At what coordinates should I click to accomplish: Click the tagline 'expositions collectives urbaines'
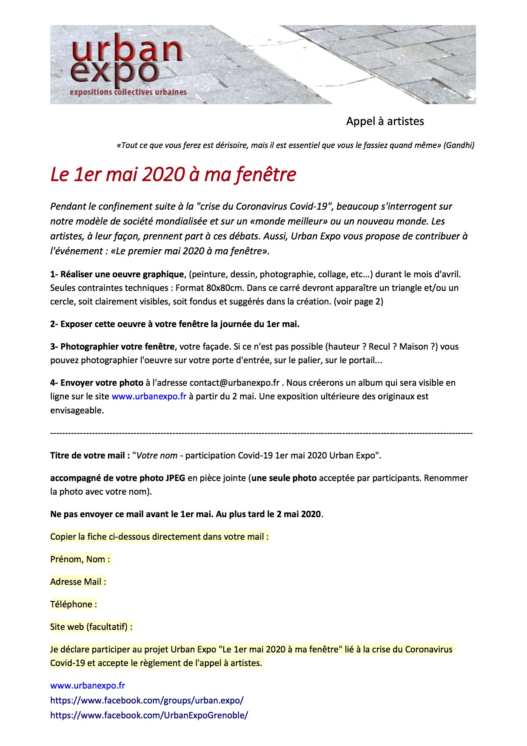pos(128,92)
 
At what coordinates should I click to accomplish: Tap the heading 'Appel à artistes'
pos(385,121)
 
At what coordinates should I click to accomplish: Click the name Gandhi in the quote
pos(459,145)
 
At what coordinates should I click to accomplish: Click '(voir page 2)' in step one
pos(358,302)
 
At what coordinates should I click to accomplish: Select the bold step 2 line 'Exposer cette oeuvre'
pos(175,324)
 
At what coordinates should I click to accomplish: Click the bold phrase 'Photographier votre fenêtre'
pos(117,347)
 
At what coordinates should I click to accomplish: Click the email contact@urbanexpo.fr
pos(234,383)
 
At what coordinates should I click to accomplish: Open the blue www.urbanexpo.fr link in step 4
pos(149,396)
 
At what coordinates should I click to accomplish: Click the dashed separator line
pos(261,433)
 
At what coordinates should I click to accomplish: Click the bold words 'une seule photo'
pos(284,478)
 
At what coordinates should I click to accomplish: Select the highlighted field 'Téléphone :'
pos(74,604)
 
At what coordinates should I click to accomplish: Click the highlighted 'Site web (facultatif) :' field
pos(91,627)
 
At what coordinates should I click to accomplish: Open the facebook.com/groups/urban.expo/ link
pos(147,700)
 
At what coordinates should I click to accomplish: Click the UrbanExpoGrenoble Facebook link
pos(149,715)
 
